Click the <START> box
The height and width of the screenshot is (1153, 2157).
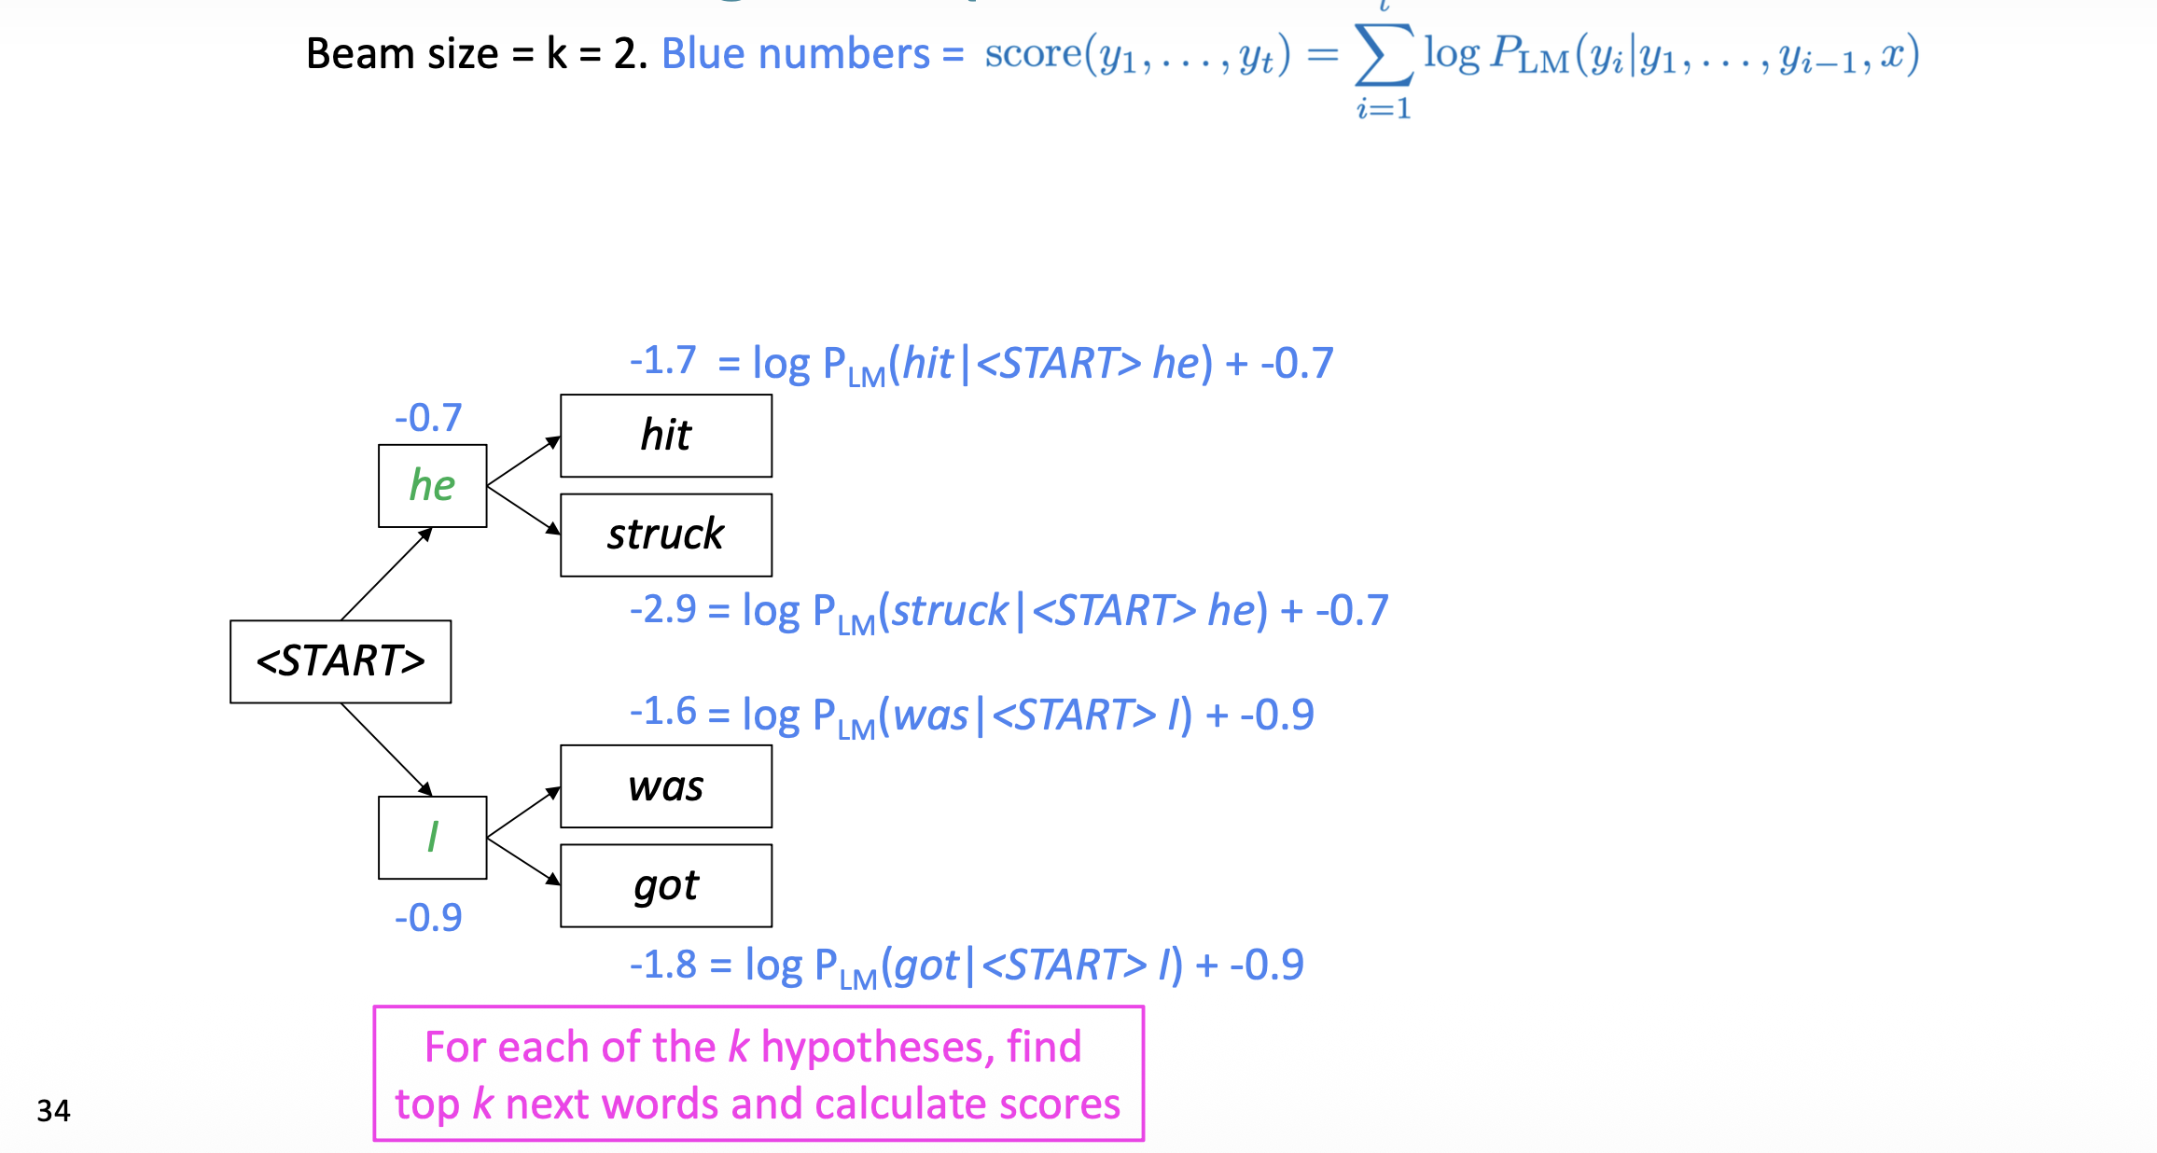341,661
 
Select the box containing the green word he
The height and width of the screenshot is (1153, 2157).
432,486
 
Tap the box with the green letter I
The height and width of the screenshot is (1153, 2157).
432,837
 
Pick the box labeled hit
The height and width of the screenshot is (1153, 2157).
666,436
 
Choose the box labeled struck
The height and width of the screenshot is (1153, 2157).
666,535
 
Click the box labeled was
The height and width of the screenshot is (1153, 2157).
666,786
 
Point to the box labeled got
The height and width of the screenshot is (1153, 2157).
666,885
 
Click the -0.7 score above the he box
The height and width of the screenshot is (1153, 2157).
428,418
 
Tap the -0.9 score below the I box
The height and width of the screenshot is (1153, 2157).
428,918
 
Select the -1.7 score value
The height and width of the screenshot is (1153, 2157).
662,361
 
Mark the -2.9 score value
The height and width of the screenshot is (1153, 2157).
662,610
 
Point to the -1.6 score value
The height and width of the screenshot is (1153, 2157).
662,713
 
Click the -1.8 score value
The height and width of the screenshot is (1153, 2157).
662,965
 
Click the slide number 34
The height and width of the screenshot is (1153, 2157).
53,1111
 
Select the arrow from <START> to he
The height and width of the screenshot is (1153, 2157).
386,574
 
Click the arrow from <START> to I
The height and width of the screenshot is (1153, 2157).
386,749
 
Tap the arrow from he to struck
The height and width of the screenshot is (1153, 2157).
523,510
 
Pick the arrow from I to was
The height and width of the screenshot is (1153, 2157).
523,813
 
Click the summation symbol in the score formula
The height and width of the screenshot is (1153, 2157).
1384,55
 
